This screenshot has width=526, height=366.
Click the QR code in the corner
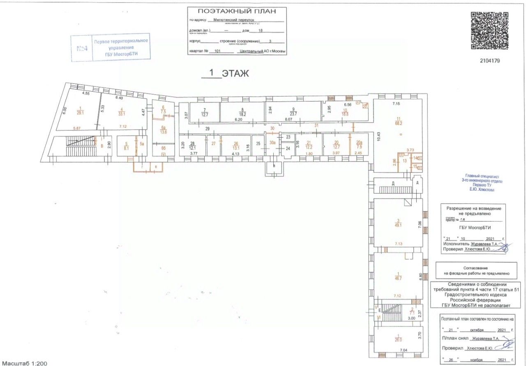(489, 31)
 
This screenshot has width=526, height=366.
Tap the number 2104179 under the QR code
(489, 61)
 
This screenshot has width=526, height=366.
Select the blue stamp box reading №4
(82, 49)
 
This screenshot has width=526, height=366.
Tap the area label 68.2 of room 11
(398, 123)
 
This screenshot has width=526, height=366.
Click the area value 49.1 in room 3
(397, 225)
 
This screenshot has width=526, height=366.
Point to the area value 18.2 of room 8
(243, 115)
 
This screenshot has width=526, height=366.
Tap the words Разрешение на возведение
(474, 208)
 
